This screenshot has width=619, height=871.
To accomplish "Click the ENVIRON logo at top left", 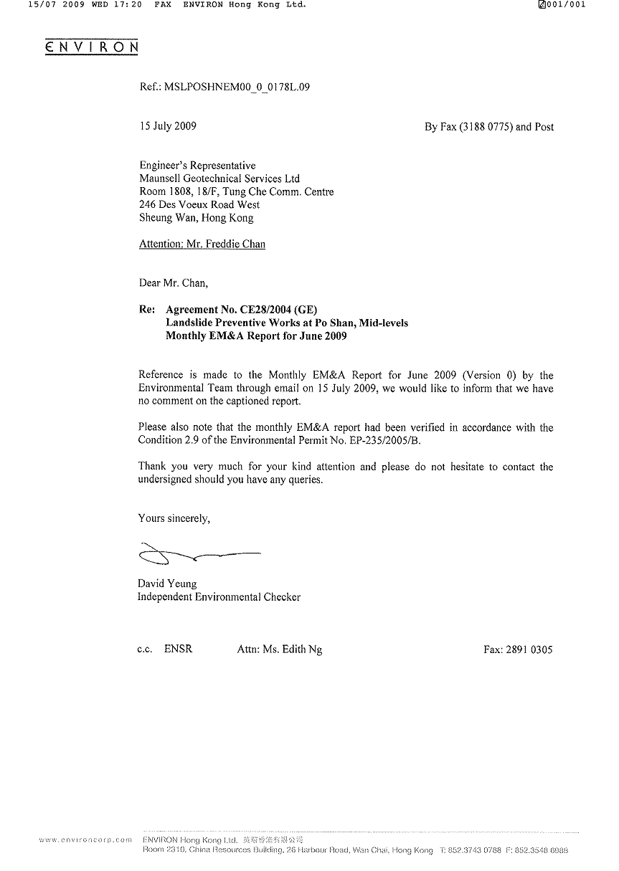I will pyautogui.click(x=91, y=47).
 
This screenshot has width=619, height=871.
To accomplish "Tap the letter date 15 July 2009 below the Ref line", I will pyautogui.click(x=168, y=126).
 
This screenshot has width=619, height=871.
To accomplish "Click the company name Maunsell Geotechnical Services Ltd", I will pyautogui.click(x=219, y=179).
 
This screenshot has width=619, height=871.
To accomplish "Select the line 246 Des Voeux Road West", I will pyautogui.click(x=199, y=204).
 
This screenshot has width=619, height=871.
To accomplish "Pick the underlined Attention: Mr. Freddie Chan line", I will pyautogui.click(x=202, y=244).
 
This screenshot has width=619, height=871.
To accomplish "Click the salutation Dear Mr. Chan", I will pyautogui.click(x=173, y=283).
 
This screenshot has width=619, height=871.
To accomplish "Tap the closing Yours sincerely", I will pyautogui.click(x=174, y=518).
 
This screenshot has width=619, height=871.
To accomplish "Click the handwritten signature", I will pyautogui.click(x=197, y=554).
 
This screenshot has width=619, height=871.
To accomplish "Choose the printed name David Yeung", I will pyautogui.click(x=167, y=584).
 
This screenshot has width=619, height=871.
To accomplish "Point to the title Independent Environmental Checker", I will pyautogui.click(x=219, y=596).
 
